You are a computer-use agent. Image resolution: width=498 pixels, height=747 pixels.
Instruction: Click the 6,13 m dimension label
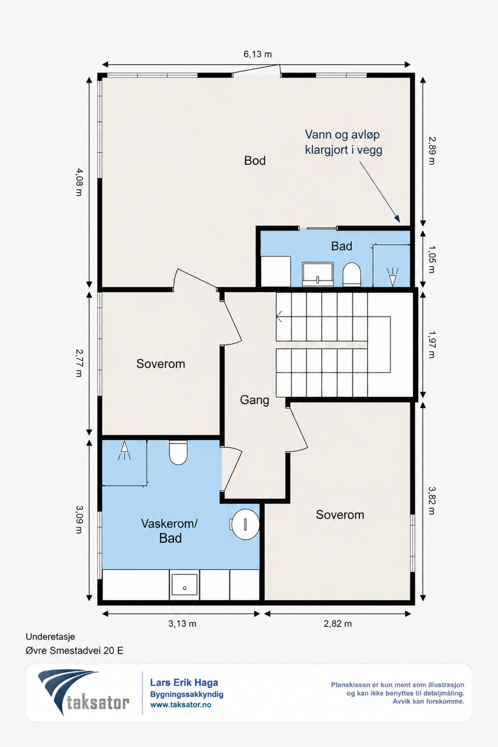pyautogui.click(x=257, y=54)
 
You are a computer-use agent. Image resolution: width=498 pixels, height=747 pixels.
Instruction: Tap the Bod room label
pyautogui.click(x=255, y=161)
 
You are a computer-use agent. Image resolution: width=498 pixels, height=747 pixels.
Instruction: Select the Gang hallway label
pyautogui.click(x=254, y=400)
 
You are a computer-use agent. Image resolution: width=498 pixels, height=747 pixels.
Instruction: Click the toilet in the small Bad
pyautogui.click(x=352, y=274)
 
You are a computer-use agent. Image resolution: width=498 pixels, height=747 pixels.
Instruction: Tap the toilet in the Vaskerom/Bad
pyautogui.click(x=178, y=453)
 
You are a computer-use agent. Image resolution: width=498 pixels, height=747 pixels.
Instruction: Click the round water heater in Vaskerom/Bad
pyautogui.click(x=245, y=524)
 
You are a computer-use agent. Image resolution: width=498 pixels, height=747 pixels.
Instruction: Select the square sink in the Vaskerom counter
pyautogui.click(x=185, y=585)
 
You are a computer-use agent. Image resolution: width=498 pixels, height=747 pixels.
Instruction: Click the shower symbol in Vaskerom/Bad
pyautogui.click(x=124, y=451)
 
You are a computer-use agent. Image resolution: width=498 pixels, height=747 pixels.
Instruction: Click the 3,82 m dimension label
pyautogui.click(x=432, y=500)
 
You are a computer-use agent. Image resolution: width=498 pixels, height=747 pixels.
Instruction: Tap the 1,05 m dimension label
pyautogui.click(x=432, y=259)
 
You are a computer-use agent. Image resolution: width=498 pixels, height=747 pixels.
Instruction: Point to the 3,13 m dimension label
pyautogui.click(x=182, y=624)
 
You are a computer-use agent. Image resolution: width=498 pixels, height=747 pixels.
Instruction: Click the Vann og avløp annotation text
pyautogui.click(x=343, y=142)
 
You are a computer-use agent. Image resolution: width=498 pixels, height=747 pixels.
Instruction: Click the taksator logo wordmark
pyautogui.click(x=98, y=703)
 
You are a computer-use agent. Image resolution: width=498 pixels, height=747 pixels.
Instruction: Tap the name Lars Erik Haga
pyautogui.click(x=184, y=683)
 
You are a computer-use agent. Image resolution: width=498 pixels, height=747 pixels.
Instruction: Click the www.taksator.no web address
pyautogui.click(x=181, y=705)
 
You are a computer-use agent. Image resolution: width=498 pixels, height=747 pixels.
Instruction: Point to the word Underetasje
pyautogui.click(x=50, y=637)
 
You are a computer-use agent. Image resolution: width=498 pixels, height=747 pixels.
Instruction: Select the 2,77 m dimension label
pyautogui.click(x=79, y=363)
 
